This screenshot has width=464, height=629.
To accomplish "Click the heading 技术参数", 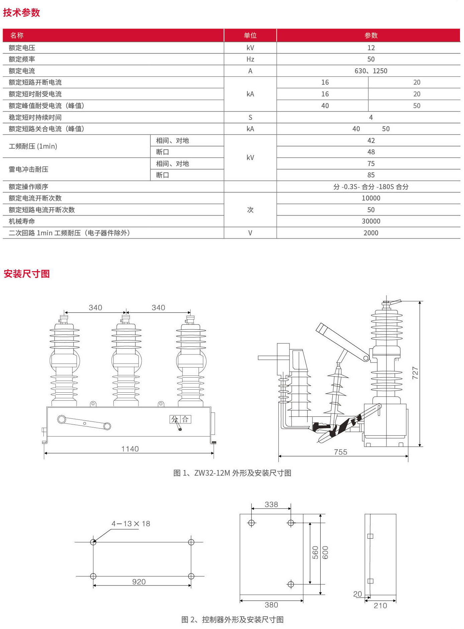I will tap(21, 13).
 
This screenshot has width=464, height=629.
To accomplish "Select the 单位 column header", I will tap(250, 35).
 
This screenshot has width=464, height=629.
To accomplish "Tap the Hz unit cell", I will tap(250, 59).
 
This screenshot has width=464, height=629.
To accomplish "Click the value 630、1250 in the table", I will tap(371, 71).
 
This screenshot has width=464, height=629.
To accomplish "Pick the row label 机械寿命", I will tap(22, 221).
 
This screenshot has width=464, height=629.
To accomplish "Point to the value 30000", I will tap(371, 221).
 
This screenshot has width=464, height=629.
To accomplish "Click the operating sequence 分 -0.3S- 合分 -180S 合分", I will tap(371, 187).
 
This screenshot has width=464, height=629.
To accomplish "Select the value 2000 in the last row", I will tap(371, 233).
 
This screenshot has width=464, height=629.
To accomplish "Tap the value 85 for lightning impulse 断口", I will tap(371, 175).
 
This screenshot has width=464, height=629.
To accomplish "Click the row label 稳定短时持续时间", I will tap(35, 117).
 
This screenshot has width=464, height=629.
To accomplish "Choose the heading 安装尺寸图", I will tap(27, 274).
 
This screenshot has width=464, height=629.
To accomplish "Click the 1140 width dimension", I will tap(130, 449).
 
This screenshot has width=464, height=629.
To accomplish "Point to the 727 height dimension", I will tap(415, 373).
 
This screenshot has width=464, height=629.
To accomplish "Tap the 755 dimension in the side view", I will tap(340, 452).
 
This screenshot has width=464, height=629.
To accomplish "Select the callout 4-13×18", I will tap(131, 524).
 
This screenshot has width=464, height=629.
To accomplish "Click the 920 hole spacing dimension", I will tap(139, 582).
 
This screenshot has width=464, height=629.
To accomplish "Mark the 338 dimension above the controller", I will tap(271, 504).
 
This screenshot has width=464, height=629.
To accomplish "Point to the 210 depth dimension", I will tap(380, 606).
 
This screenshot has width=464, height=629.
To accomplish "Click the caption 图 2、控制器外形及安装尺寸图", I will tap(232, 620).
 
